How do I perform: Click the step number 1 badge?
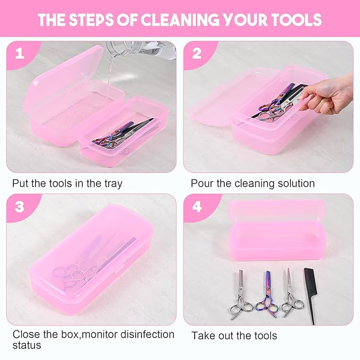[x=19, y=54]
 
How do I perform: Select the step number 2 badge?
[x=197, y=54]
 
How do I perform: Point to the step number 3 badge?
[x=19, y=207]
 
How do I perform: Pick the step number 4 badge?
[x=197, y=207]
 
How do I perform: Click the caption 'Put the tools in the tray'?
[x=67, y=184]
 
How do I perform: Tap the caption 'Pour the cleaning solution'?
[x=253, y=184]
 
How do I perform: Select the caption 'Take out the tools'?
[x=234, y=336]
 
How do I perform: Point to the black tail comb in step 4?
[x=311, y=294]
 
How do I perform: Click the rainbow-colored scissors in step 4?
[x=266, y=296]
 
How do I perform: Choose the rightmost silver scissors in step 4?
[x=291, y=294]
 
